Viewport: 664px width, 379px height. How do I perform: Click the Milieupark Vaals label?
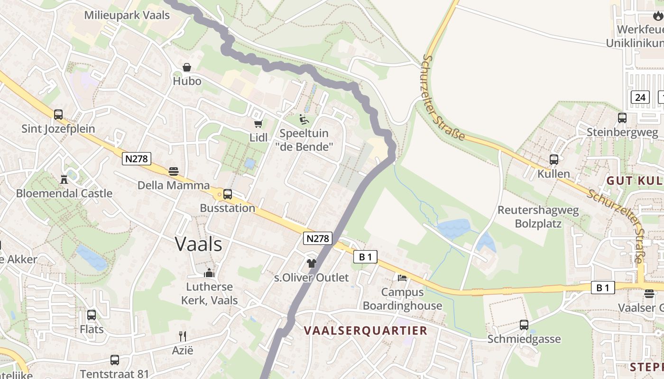(x=127, y=15)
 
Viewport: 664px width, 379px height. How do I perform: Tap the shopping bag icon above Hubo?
(x=187, y=67)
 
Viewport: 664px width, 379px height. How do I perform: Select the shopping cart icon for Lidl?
(x=258, y=124)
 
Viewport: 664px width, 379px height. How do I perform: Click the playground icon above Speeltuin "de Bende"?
(x=304, y=119)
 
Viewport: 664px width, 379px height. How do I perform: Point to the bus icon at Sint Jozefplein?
(x=58, y=114)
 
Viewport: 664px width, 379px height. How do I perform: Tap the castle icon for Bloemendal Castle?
(x=64, y=179)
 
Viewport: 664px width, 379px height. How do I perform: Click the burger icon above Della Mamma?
(x=174, y=171)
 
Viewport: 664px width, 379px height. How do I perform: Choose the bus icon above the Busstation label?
(x=228, y=194)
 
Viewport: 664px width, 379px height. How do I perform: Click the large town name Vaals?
(x=198, y=244)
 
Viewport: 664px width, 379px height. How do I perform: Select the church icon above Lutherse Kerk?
(x=209, y=273)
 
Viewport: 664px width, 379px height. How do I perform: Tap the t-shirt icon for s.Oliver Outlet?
(x=312, y=263)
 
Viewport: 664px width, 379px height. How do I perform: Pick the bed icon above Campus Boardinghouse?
(x=402, y=278)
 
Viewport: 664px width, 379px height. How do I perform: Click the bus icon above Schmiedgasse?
(x=524, y=325)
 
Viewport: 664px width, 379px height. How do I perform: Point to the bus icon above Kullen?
(x=553, y=160)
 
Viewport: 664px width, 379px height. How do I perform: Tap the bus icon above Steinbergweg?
(x=622, y=118)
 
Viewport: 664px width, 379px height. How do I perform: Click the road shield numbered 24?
(x=640, y=98)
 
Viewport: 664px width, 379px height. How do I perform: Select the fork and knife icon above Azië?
(x=183, y=336)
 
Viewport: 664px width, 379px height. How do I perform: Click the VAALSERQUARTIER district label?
(x=366, y=330)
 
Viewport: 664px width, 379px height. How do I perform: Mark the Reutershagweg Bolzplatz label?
(x=538, y=217)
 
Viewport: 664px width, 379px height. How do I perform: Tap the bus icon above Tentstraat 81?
(x=115, y=360)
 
